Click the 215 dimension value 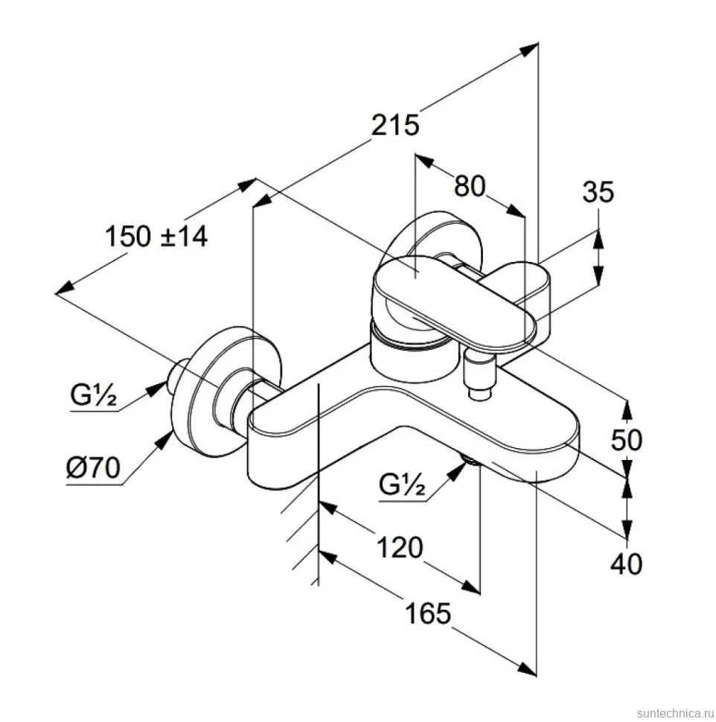coord(395,125)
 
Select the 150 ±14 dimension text coord(156,237)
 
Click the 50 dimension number coord(626,440)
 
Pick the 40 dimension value coord(626,563)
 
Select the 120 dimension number coord(400,548)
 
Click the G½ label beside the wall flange coord(94,394)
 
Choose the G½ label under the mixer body coord(402,484)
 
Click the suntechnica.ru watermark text coord(674,713)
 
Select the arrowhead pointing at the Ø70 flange coord(163,440)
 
